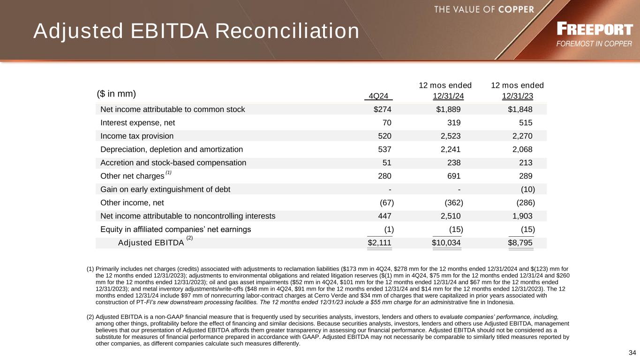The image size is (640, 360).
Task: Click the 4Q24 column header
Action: [x=378, y=97]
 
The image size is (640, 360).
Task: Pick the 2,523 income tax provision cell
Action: [x=448, y=136]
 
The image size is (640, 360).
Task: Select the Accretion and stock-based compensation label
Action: [x=173, y=163]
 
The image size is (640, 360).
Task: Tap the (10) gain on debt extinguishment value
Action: [x=527, y=189]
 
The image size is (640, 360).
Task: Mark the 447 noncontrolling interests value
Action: [x=384, y=216]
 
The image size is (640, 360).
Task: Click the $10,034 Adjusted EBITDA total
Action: [x=446, y=243]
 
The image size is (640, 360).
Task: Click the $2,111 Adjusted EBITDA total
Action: [x=379, y=243]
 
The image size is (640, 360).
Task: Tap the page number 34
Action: [x=632, y=352]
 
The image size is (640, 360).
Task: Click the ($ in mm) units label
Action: [x=116, y=94]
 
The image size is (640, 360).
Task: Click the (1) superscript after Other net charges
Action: [x=168, y=173]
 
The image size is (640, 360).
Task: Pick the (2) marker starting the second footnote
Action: [x=90, y=317]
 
